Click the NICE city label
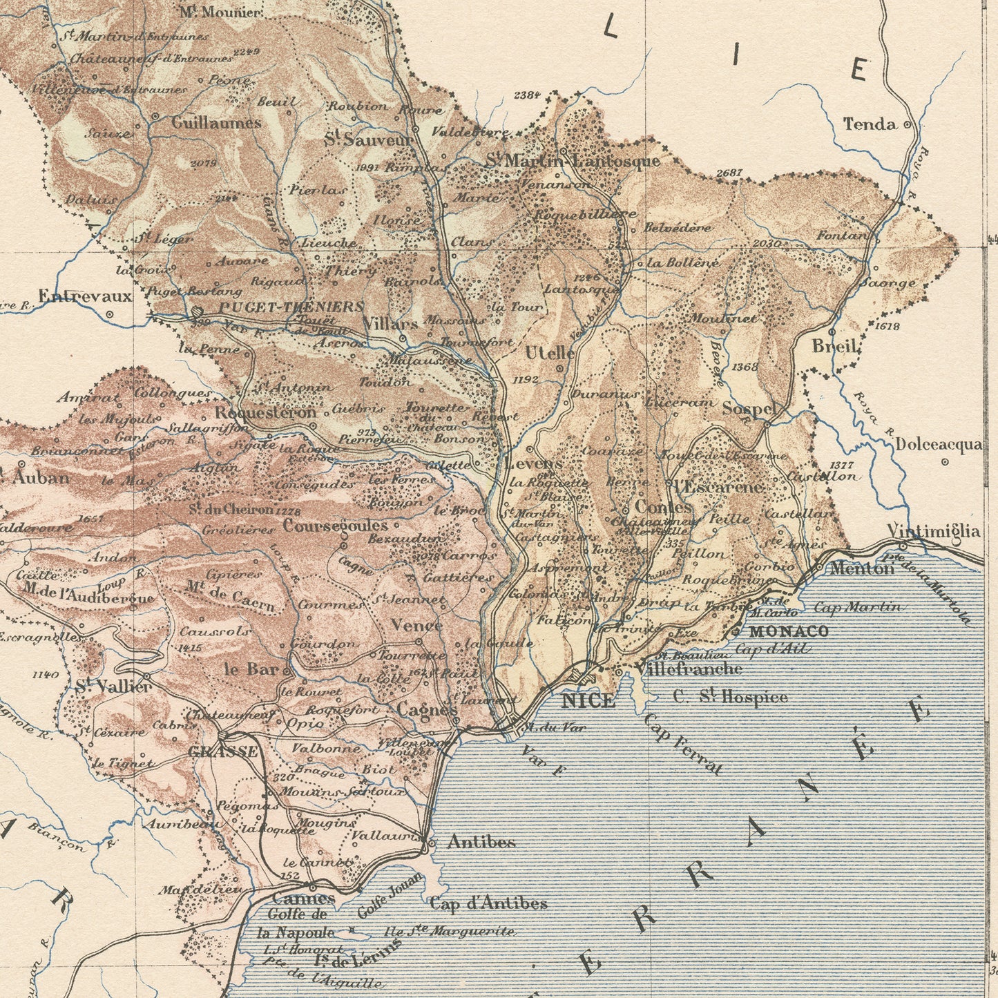[588, 701]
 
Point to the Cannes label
[303, 899]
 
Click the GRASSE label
[223, 752]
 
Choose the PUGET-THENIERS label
[291, 306]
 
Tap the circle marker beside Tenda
[908, 125]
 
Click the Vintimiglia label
[933, 530]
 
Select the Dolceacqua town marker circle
[945, 462]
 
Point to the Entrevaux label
[84, 296]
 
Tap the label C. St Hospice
[730, 697]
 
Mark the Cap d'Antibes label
[488, 903]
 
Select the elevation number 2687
[729, 173]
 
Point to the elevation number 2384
[527, 95]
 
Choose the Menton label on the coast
[861, 568]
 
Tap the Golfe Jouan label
[390, 896]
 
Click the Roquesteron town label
[265, 412]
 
